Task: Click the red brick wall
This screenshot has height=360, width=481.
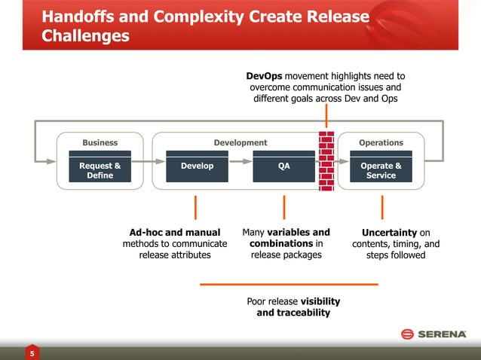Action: (x=326, y=162)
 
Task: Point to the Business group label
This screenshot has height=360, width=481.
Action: (x=100, y=142)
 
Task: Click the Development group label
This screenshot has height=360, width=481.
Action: (x=240, y=142)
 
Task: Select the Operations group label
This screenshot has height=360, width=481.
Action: (x=381, y=142)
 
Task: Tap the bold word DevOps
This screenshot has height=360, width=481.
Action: (x=264, y=76)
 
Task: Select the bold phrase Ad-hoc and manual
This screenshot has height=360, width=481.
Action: (x=175, y=233)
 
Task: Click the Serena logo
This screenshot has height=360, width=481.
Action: (x=434, y=334)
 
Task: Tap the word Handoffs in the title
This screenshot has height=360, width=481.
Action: (x=79, y=16)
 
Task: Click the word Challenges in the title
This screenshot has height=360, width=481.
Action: (x=84, y=36)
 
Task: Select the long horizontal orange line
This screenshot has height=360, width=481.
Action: (x=289, y=284)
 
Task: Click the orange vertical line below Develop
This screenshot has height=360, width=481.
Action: (x=196, y=207)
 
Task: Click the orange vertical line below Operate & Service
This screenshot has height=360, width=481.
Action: (x=382, y=207)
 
